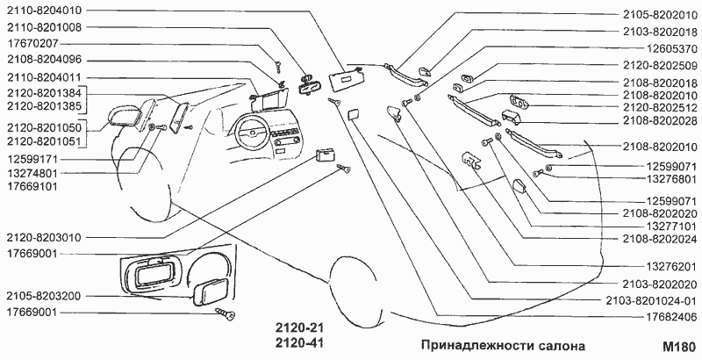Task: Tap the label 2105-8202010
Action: (x=656, y=15)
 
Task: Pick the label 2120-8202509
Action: (x=656, y=65)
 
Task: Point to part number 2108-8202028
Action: (x=656, y=119)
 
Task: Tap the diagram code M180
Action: (x=680, y=346)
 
